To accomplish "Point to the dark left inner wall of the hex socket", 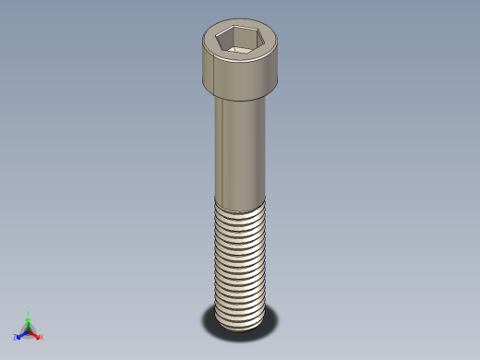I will pyautogui.click(x=222, y=41).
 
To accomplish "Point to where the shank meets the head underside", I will pyautogui.click(x=242, y=100).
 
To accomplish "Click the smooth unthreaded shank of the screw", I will pyautogui.click(x=242, y=148).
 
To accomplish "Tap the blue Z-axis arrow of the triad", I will pyautogui.click(x=21, y=334).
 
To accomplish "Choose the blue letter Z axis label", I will pyautogui.click(x=15, y=337).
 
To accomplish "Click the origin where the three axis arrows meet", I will pyautogui.click(x=29, y=330).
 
